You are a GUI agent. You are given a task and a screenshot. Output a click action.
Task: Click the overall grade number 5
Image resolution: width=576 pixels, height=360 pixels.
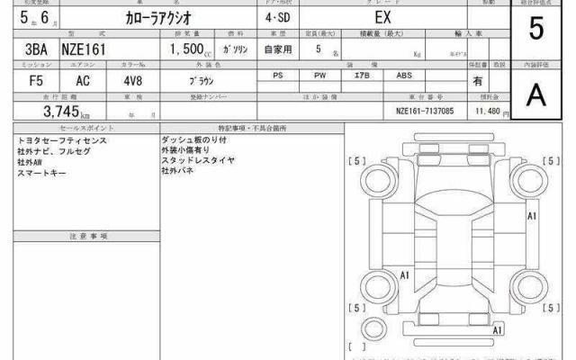tap(536, 29)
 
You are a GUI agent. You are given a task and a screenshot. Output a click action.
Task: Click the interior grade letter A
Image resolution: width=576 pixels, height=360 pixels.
tap(536, 95)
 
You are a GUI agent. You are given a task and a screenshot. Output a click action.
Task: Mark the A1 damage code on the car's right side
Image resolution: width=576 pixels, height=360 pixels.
tap(532, 216)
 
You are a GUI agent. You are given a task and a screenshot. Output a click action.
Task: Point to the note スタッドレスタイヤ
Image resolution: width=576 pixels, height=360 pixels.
tap(198, 160)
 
